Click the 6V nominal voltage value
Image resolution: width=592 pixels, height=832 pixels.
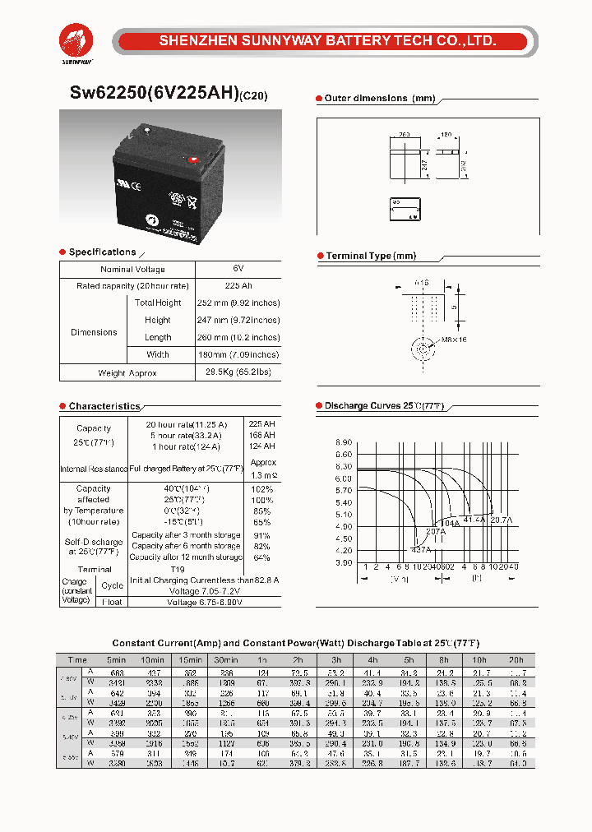point(238,269)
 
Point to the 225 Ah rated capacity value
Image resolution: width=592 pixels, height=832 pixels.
point(238,285)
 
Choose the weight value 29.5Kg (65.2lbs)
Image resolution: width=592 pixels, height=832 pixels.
point(238,372)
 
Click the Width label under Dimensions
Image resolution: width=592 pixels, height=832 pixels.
point(158,354)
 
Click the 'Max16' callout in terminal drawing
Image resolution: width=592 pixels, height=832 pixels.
point(453,340)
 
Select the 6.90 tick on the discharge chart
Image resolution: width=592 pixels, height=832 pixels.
point(343,442)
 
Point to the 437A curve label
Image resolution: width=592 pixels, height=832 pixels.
point(420,548)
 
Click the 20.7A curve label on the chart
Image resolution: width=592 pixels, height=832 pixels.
point(502,520)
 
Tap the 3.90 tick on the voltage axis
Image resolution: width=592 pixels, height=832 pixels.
point(343,562)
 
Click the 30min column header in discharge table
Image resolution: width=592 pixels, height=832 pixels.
point(225,660)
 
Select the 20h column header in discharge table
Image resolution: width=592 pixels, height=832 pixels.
point(516,660)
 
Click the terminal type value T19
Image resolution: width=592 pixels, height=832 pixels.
point(177,569)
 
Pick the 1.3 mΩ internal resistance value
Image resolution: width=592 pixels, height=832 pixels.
point(264,475)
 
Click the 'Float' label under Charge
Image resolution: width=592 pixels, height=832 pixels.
point(113,602)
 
